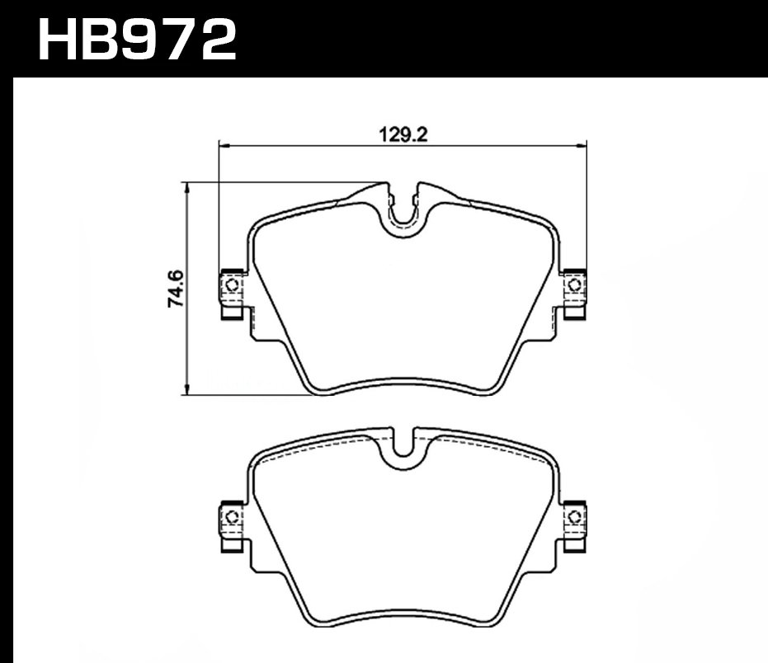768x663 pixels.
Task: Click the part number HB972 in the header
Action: click(137, 39)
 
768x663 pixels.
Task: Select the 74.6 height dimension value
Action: click(176, 288)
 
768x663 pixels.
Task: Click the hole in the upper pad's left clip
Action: click(231, 285)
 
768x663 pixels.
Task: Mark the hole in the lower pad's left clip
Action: click(231, 518)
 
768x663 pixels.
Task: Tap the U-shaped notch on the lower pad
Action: click(403, 444)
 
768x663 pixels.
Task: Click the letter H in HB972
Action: click(59, 39)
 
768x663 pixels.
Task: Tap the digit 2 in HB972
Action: click(214, 39)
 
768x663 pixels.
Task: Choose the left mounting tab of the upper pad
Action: click(232, 294)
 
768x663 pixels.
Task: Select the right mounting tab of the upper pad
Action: click(573, 294)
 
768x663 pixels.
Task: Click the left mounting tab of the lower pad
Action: click(232, 526)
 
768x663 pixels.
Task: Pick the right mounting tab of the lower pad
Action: click(573, 526)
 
